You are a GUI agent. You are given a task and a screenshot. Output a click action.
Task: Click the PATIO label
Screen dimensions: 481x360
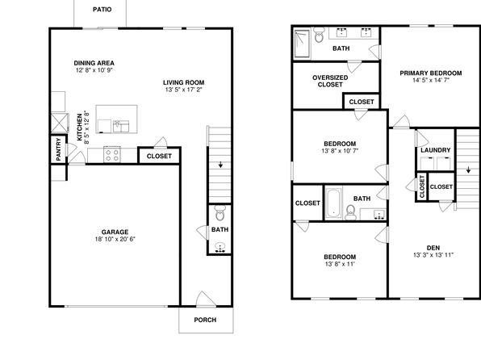click(x=102, y=10)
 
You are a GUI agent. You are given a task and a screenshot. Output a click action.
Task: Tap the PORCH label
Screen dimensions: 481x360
click(x=205, y=320)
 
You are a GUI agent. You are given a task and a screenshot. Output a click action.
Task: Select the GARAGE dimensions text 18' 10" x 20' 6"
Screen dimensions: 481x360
click(x=115, y=239)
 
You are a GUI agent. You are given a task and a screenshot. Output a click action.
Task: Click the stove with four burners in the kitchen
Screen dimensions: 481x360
click(x=112, y=154)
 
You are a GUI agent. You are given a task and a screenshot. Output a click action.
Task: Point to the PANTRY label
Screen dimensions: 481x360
click(x=59, y=149)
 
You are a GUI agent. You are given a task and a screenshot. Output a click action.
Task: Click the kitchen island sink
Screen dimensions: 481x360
click(x=121, y=126)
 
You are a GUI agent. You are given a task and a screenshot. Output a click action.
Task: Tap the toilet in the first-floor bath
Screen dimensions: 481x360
click(x=220, y=213)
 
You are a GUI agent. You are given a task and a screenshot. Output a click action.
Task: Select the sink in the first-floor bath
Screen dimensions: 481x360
click(x=220, y=247)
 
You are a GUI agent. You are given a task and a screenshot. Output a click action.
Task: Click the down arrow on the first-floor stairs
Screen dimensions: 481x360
click(x=220, y=165)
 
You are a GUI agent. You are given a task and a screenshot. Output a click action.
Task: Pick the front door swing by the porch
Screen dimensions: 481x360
click(x=205, y=299)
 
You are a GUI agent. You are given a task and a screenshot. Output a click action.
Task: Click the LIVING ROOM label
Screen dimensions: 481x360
click(x=184, y=82)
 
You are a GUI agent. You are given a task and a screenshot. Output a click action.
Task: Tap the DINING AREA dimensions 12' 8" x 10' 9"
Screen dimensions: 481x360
click(x=94, y=70)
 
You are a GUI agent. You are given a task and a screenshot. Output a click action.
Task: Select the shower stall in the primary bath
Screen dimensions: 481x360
click(x=302, y=44)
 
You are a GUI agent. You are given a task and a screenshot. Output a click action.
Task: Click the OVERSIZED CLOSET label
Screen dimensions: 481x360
click(x=330, y=81)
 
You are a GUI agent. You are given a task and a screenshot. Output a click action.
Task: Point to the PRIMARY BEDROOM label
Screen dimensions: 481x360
click(x=431, y=73)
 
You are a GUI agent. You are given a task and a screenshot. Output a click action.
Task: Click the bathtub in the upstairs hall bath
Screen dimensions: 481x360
click(x=333, y=203)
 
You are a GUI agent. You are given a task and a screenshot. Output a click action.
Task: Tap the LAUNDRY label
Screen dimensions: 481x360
click(x=436, y=150)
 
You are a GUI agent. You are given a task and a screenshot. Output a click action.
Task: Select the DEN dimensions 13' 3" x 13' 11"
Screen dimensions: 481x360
click(x=433, y=255)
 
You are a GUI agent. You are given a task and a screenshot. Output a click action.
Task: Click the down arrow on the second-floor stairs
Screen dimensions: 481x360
click(x=468, y=170)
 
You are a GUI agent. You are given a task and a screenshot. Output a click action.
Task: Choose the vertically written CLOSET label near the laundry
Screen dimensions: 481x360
click(x=422, y=186)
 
